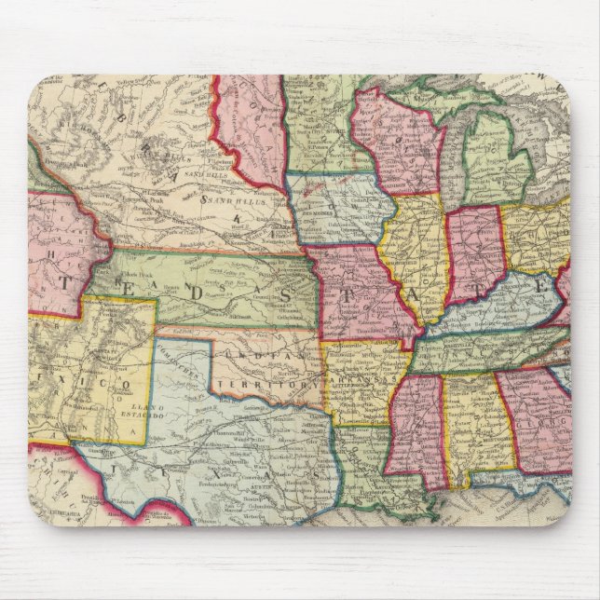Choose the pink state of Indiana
[475, 256]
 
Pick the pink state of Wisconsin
[391, 140]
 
